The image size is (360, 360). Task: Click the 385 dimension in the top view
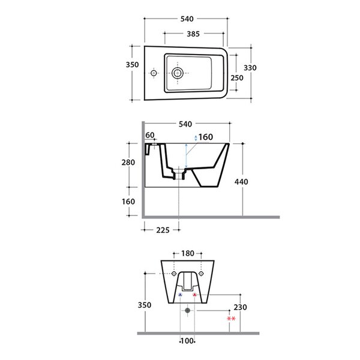[x=193, y=34]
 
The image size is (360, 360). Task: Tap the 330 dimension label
[x=250, y=68]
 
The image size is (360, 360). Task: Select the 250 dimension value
[x=237, y=78]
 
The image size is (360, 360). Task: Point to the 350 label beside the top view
[x=132, y=65]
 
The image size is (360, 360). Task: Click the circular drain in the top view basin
[x=177, y=73]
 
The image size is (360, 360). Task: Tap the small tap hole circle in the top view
[x=154, y=73]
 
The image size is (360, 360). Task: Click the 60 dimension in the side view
[x=150, y=135]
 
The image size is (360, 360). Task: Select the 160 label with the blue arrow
[x=206, y=137]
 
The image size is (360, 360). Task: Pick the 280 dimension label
[x=128, y=163]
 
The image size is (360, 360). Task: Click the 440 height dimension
[x=241, y=182]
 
